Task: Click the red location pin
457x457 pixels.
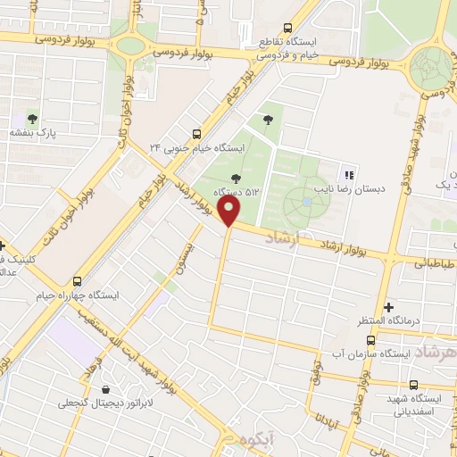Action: click(229, 212)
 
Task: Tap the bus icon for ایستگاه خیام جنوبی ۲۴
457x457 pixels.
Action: click(196, 131)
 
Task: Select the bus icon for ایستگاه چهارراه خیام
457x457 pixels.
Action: click(77, 279)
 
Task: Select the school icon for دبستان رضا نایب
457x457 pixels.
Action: click(349, 174)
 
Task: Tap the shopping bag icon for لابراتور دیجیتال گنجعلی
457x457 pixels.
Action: click(107, 389)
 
